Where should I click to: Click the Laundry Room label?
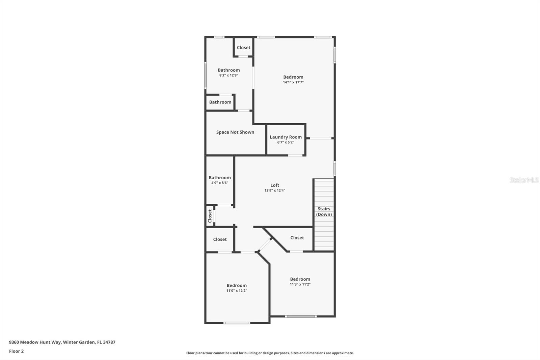[286, 137]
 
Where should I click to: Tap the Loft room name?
[275, 185]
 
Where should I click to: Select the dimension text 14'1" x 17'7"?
[293, 82]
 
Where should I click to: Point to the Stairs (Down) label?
[324, 211]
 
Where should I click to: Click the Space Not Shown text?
[235, 132]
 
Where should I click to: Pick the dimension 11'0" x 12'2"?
[237, 290]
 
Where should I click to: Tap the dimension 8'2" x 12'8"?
[228, 75]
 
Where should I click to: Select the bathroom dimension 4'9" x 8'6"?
[219, 183]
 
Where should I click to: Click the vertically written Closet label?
[210, 216]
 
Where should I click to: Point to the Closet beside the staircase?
[297, 238]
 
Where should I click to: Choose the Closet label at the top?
[243, 48]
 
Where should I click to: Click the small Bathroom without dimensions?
[220, 102]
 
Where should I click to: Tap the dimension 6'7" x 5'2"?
[286, 142]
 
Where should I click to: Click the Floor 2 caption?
[16, 351]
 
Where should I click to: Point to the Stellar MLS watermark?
[524, 180]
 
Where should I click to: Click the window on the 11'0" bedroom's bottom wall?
[237, 323]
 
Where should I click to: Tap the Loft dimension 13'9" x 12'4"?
[275, 190]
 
